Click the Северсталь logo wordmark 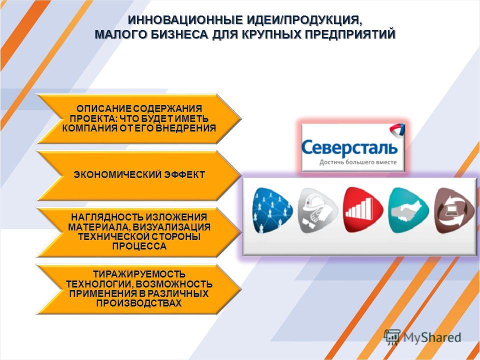tap(349, 148)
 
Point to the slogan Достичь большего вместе tap(358, 162)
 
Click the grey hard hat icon tap(317, 210)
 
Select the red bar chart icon tap(363, 210)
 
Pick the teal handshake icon tap(408, 210)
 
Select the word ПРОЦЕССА tap(139, 246)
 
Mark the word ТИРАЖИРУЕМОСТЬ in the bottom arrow tap(139, 274)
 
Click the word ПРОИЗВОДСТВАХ tap(139, 303)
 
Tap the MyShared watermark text tap(432, 337)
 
